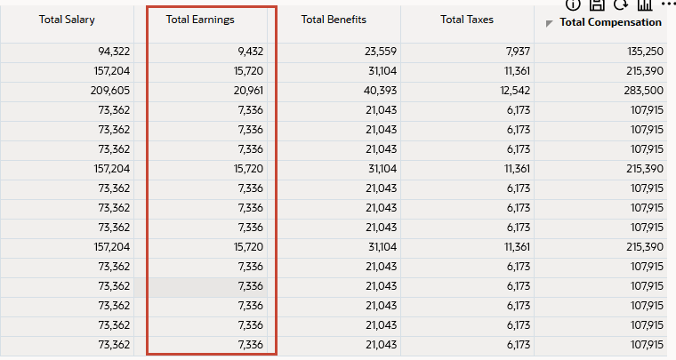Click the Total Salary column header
[x=67, y=19]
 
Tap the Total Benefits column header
[x=334, y=19]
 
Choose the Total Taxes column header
[x=467, y=19]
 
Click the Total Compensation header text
[x=610, y=22]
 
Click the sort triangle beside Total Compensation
[x=550, y=24]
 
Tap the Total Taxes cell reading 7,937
[x=517, y=52]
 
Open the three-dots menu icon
[x=669, y=4]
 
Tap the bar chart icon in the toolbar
[x=644, y=4]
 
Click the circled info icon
[x=573, y=4]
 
